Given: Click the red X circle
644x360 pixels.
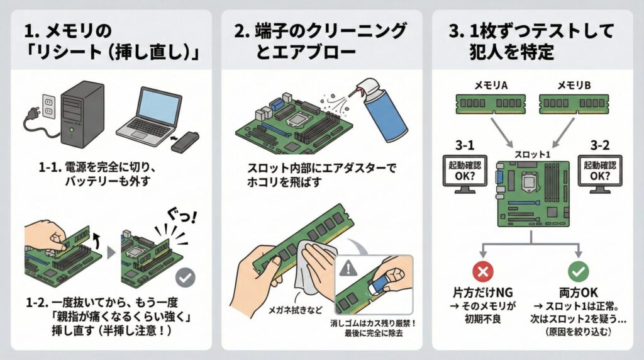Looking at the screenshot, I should pyautogui.click(x=483, y=271).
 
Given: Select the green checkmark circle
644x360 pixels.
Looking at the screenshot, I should pyautogui.click(x=578, y=271).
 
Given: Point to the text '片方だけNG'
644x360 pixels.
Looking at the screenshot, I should pyautogui.click(x=482, y=293).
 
